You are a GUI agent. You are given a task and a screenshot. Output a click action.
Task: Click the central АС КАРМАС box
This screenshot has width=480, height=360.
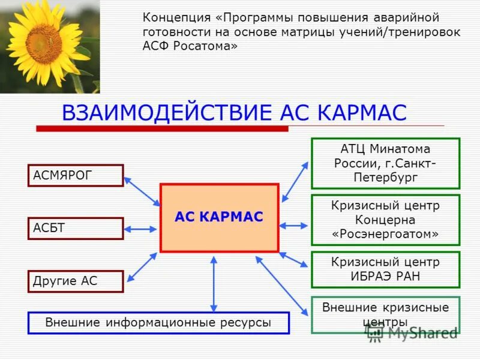(x=219, y=217)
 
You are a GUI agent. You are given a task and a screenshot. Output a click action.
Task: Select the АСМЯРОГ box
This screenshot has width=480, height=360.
(x=76, y=175)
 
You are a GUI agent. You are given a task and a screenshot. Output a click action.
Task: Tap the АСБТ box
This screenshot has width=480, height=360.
(x=76, y=229)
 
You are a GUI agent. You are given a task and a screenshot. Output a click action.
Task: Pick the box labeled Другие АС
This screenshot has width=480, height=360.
(x=76, y=281)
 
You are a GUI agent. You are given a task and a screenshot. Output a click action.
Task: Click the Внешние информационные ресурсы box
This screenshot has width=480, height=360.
(x=158, y=323)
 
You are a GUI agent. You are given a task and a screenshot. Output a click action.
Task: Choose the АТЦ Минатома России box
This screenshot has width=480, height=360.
(x=385, y=163)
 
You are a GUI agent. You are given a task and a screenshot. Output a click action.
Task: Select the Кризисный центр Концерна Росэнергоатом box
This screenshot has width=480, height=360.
(x=385, y=220)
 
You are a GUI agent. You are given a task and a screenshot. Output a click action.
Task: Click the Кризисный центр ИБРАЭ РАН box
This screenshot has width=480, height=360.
(x=385, y=269)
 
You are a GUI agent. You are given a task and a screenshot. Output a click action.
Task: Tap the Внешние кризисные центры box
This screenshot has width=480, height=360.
(x=385, y=315)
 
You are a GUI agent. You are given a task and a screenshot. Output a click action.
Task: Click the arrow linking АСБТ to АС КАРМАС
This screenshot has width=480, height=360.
(x=142, y=229)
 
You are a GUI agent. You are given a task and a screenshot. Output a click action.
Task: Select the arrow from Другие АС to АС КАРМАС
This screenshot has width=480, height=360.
(x=142, y=267)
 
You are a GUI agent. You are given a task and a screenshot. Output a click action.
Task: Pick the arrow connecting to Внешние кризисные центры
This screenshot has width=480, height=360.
(x=282, y=285)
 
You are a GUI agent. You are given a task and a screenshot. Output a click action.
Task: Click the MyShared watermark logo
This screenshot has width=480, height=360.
(x=413, y=333)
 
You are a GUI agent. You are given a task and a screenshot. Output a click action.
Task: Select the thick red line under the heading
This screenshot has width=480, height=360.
(x=162, y=128)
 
